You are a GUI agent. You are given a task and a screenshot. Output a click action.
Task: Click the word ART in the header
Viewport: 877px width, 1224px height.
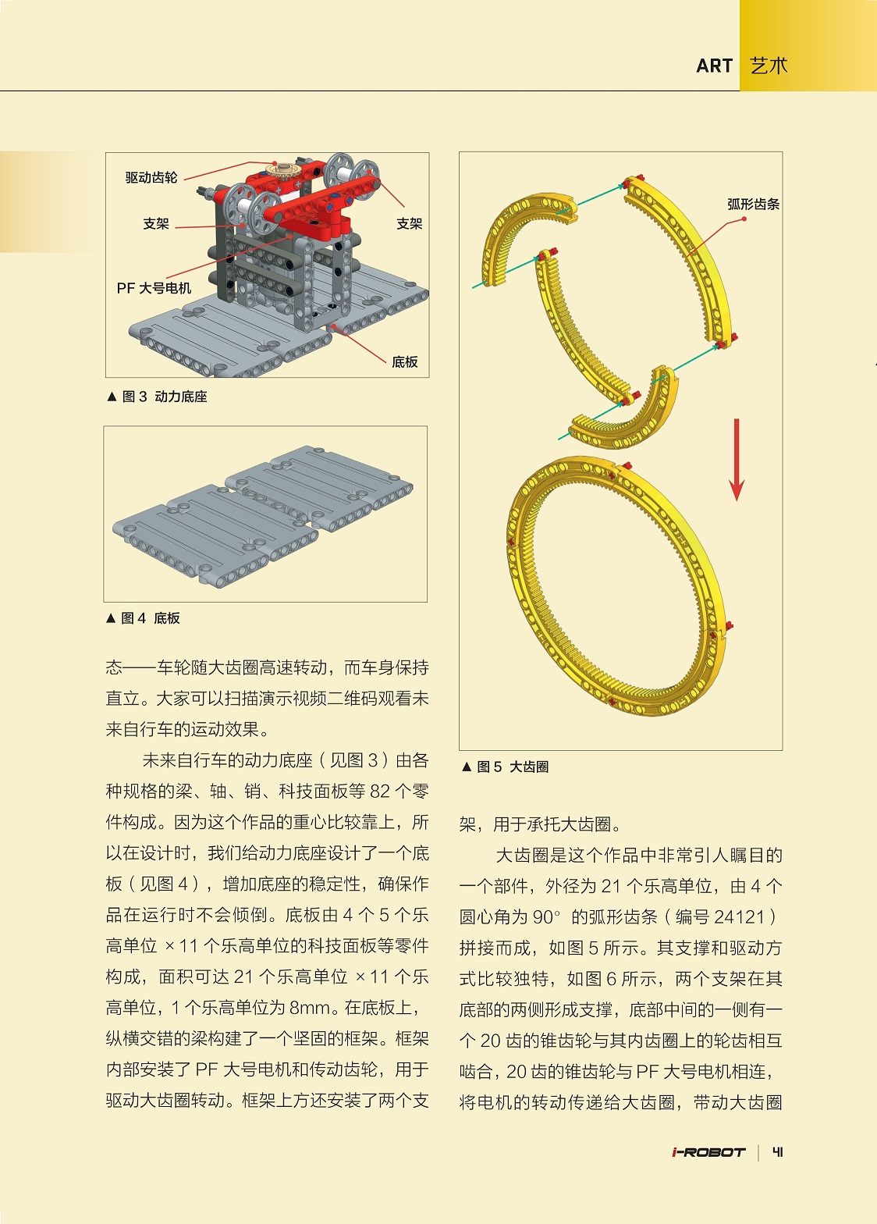714,66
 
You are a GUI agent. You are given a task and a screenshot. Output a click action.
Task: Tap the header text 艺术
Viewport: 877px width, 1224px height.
769,66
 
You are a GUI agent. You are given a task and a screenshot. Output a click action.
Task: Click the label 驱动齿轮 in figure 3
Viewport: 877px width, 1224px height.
151,178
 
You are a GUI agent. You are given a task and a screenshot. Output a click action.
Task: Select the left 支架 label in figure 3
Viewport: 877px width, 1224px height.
156,224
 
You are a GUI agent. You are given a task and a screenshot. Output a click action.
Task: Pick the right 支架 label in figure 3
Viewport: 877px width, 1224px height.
409,224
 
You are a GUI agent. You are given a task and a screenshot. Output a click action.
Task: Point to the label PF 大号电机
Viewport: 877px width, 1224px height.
154,288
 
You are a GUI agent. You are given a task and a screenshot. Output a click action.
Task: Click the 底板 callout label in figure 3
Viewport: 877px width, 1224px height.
404,362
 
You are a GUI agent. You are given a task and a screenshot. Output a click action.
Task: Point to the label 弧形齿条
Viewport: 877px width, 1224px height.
753,205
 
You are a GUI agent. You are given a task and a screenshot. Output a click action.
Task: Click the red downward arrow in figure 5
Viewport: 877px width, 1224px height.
736,461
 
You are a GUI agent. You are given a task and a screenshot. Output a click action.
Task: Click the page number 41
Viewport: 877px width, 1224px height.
777,1152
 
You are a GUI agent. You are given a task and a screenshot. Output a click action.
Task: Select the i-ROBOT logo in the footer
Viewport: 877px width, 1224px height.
708,1152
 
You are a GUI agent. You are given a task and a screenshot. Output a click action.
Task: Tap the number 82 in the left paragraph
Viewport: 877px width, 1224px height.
380,792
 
